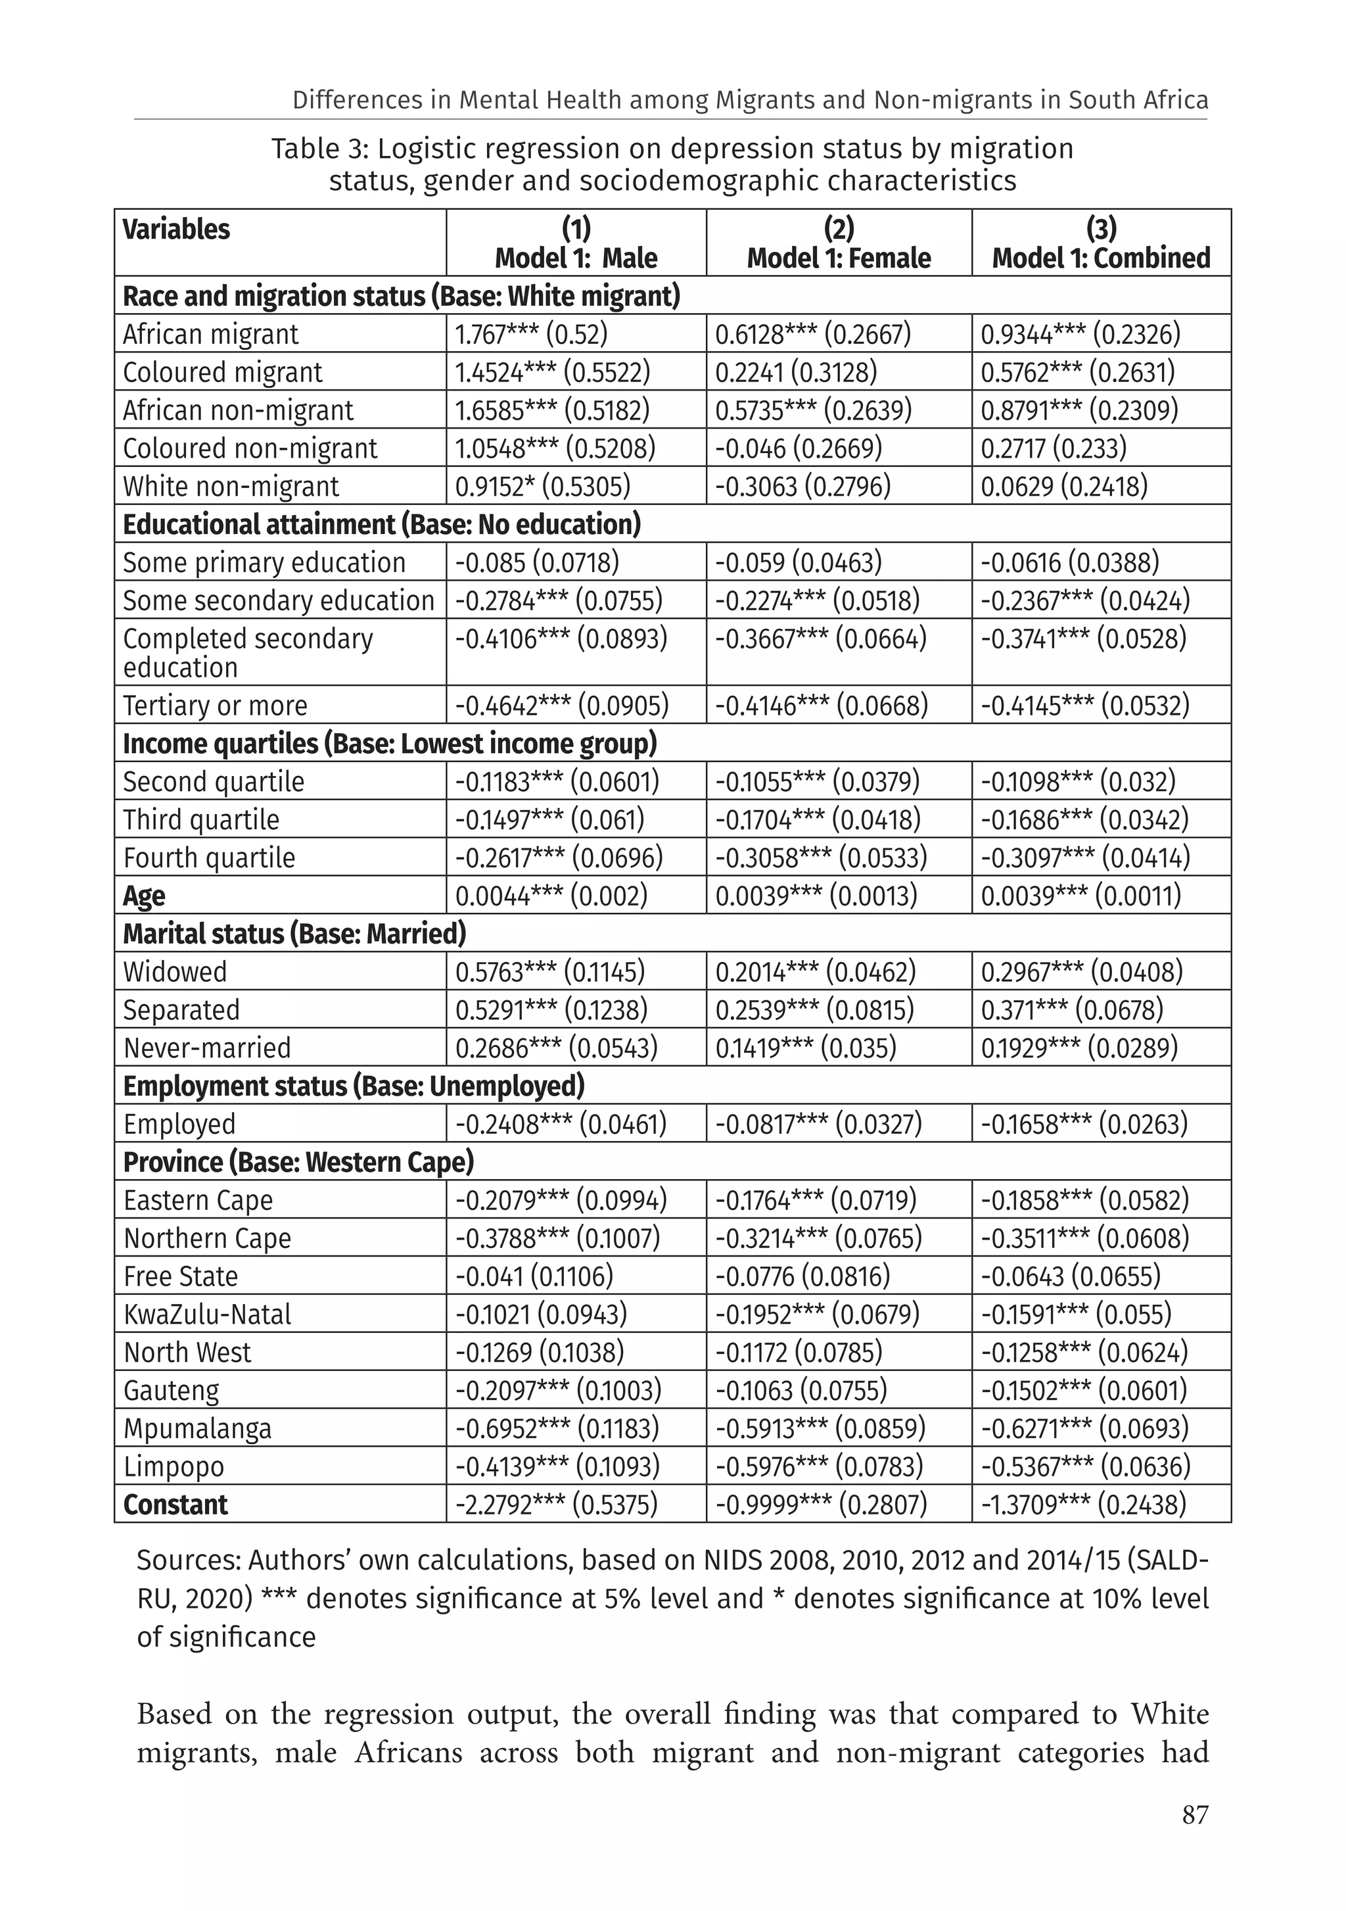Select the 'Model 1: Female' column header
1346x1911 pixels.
839,258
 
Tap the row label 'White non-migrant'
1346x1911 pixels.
231,486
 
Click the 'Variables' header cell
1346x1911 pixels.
176,229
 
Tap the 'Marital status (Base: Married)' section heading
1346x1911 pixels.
294,934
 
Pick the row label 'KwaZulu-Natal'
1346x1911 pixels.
207,1315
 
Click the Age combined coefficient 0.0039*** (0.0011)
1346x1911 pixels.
1080,896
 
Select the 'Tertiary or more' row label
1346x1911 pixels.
215,706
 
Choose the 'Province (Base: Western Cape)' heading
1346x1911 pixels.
298,1162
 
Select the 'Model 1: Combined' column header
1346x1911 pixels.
1101,258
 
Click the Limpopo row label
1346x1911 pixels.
174,1466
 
